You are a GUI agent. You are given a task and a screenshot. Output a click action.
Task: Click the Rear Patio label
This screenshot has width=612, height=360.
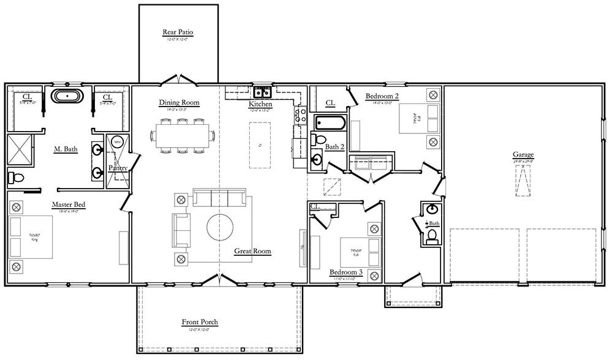click(x=178, y=32)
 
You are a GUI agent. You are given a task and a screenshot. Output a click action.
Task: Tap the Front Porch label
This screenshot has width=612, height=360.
click(x=199, y=322)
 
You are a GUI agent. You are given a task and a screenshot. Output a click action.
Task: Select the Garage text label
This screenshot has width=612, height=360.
click(x=523, y=155)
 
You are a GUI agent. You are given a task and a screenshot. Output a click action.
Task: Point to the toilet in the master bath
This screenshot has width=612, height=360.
click(x=16, y=179)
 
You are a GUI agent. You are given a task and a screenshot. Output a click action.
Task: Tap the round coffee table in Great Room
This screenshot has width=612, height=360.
click(x=220, y=227)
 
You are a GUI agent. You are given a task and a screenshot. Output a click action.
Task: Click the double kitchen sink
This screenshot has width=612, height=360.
click(x=263, y=92)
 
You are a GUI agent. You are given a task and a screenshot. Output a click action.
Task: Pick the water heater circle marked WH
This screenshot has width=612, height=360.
click(x=118, y=141)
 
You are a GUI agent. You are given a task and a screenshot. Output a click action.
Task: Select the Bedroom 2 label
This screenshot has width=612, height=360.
click(x=382, y=96)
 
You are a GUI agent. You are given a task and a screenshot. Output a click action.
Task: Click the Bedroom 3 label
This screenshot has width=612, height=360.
click(x=346, y=272)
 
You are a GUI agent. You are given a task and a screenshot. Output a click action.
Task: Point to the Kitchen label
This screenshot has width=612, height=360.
click(x=260, y=104)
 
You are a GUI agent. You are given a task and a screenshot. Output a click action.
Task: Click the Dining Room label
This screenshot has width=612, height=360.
click(x=179, y=102)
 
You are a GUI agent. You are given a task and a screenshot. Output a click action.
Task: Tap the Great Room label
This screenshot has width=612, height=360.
click(x=252, y=251)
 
